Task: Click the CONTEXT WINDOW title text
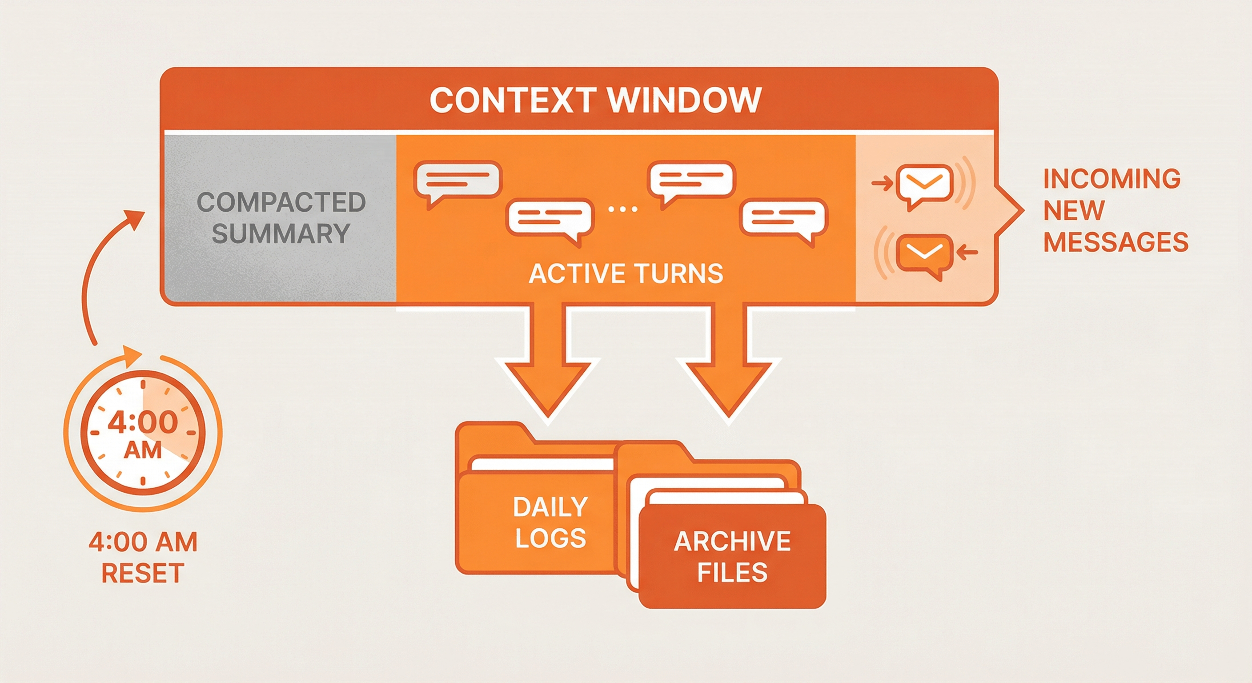[x=595, y=100]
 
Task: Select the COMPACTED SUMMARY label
[x=281, y=218]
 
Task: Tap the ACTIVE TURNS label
[x=626, y=273]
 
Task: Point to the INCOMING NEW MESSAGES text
[x=1115, y=210]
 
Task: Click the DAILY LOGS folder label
[x=550, y=522]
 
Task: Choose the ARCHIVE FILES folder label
[x=732, y=556]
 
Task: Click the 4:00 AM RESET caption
[x=143, y=557]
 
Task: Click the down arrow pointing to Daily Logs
[x=548, y=370]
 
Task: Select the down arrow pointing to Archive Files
[x=727, y=370]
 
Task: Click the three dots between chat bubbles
[x=622, y=209]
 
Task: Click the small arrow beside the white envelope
[x=882, y=184]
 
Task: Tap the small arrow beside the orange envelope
[x=967, y=251]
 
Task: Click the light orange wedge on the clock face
[x=168, y=418]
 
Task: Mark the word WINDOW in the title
[x=684, y=100]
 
